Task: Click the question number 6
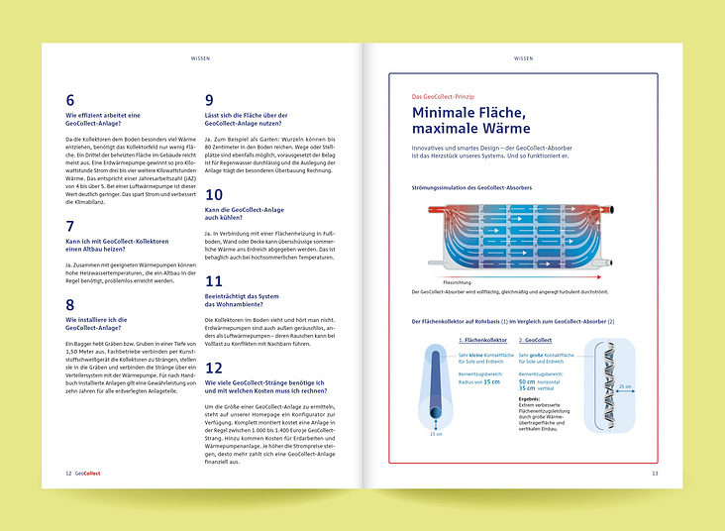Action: click(x=69, y=100)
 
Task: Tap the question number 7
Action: click(x=69, y=227)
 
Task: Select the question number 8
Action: click(x=69, y=305)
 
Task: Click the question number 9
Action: click(x=209, y=100)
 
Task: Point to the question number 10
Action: click(x=213, y=194)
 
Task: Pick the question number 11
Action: click(x=213, y=281)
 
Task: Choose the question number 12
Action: click(x=213, y=368)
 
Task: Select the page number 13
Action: click(x=654, y=473)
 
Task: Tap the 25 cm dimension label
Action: click(x=623, y=386)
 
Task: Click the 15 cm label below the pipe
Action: click(x=436, y=434)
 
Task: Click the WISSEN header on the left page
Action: click(x=200, y=58)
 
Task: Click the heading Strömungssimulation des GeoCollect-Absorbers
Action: click(x=466, y=188)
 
